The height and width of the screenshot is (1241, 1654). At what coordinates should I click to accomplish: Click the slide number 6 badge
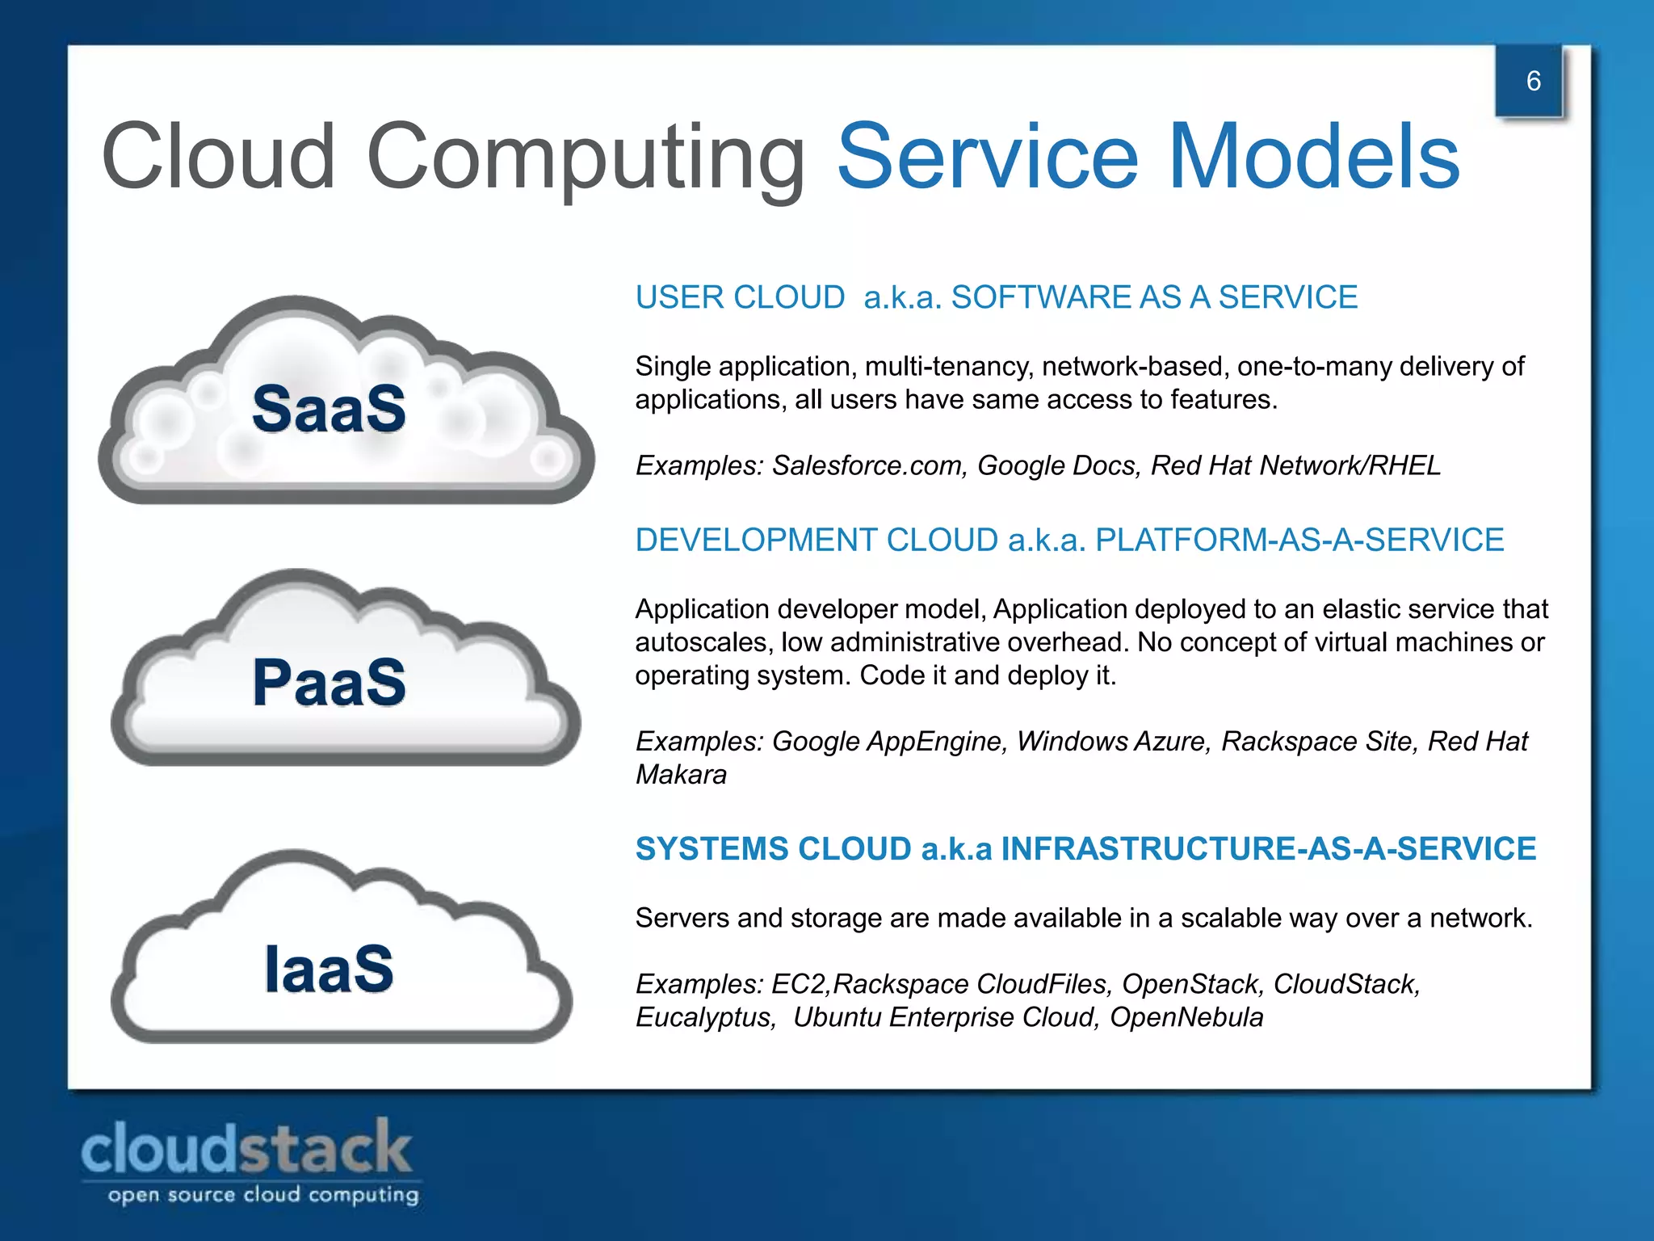1532,81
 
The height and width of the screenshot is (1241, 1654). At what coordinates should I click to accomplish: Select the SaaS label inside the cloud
329,409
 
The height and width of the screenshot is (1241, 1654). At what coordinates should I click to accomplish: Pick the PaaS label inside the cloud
329,682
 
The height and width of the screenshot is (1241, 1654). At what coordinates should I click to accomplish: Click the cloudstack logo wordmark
246,1148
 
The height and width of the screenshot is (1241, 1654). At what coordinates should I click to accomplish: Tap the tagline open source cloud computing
263,1195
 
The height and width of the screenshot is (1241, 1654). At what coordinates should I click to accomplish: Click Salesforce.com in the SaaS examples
869,465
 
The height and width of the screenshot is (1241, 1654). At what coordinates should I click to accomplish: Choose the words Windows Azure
1114,741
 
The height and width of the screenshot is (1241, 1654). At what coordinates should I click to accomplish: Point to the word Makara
681,774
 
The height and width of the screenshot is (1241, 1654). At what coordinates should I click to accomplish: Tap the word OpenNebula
1186,1017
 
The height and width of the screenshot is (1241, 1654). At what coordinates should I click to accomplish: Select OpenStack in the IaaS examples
1190,984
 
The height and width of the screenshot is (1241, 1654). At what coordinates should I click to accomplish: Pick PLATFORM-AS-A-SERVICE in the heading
1299,540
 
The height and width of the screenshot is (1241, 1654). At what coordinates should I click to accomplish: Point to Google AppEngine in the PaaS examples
886,741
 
